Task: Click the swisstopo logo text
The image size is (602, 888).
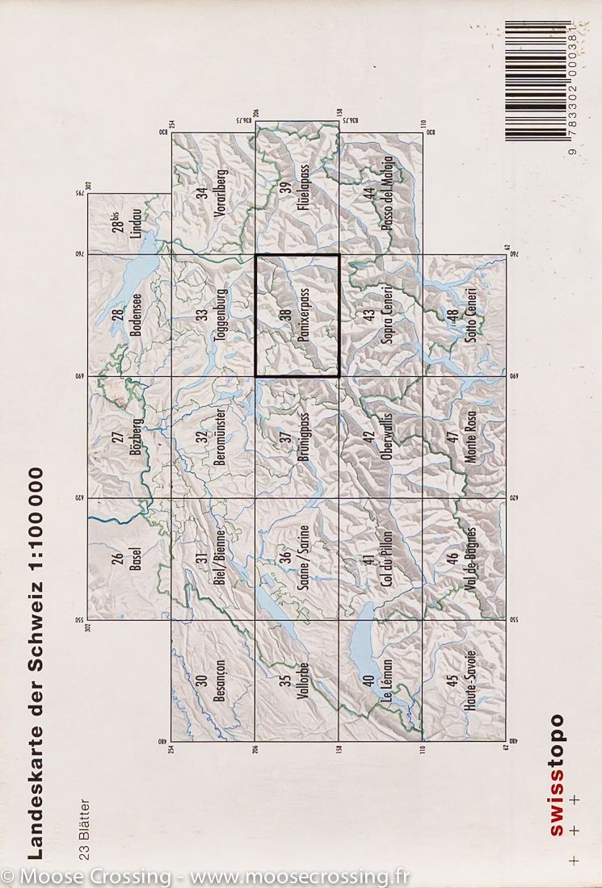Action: pos(557,776)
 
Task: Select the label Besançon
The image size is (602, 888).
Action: pos(220,682)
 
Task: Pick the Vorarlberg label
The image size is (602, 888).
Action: pos(221,195)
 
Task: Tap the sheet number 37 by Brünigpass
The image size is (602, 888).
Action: pos(284,437)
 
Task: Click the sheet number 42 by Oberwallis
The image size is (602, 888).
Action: pos(368,437)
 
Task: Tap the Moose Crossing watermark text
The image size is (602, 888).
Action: pos(206,876)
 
